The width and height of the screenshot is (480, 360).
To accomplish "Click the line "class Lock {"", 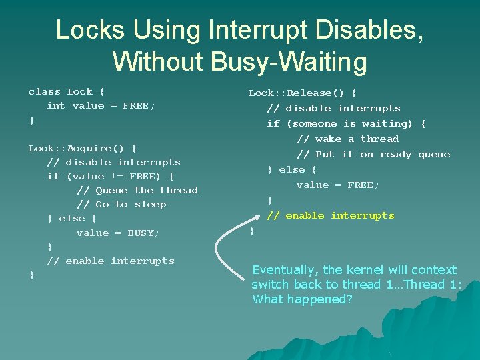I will [66, 91].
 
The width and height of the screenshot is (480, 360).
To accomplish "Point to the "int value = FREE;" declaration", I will [100, 105].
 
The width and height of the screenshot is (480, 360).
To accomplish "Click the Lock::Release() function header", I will [302, 93].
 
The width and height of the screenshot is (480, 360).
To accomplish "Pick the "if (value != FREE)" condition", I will [110, 176].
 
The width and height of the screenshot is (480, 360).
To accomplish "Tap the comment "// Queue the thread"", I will [137, 190].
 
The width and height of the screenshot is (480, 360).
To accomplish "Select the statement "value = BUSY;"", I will [117, 233].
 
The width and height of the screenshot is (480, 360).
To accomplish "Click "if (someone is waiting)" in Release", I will [346, 123].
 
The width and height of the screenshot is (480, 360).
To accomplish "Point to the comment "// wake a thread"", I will [347, 139].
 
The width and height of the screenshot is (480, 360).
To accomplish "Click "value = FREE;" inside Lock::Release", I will [337, 185].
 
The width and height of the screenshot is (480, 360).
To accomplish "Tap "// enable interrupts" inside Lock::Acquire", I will [110, 261].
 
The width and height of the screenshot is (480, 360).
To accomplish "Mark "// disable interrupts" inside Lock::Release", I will [333, 108].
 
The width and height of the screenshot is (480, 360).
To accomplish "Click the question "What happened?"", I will [302, 299].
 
